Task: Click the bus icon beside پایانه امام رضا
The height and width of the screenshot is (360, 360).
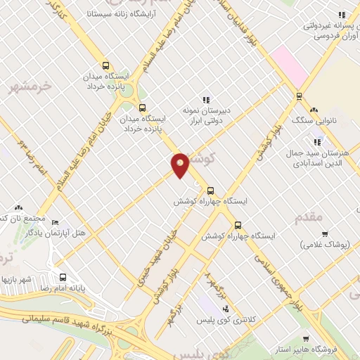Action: [x=63, y=277]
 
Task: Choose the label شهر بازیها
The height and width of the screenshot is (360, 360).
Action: [x=16, y=279]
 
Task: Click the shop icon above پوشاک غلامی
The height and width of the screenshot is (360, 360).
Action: [x=324, y=234]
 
